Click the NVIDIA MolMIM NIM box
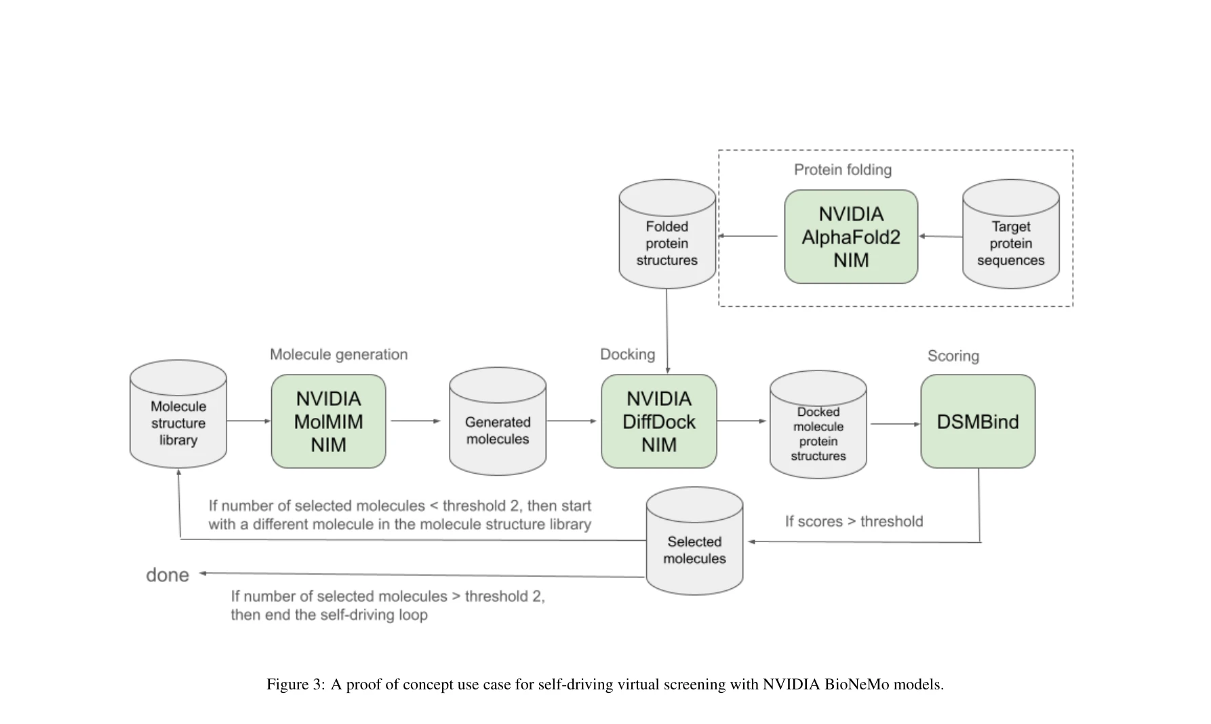tap(328, 421)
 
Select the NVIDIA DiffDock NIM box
tap(658, 421)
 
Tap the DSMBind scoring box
tap(977, 421)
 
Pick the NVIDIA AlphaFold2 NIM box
tap(850, 237)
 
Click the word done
tap(167, 575)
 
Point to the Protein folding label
tap(842, 170)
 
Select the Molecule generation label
tap(338, 354)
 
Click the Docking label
tap(627, 354)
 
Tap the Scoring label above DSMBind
tap(953, 356)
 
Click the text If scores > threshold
tap(854, 521)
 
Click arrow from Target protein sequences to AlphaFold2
tap(940, 236)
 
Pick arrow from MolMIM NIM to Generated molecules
tap(416, 421)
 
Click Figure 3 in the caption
tap(295, 684)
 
